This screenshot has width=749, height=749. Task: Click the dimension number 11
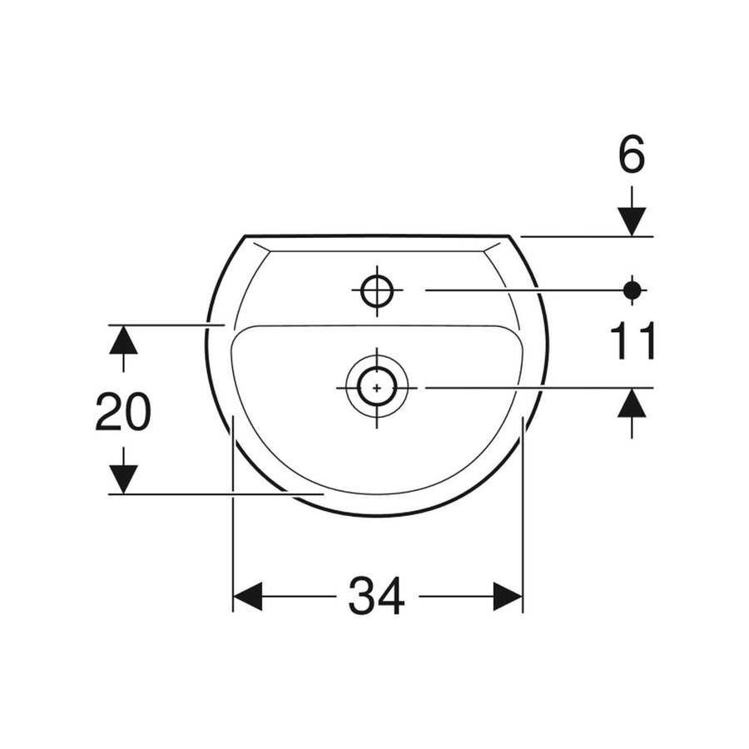coord(633,342)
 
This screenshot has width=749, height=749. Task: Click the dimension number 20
coord(123,412)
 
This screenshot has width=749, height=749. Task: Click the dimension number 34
coord(377,597)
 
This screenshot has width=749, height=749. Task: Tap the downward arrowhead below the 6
coord(632,222)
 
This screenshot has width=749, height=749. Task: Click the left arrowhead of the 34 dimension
coord(247,597)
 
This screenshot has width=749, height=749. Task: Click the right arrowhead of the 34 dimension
coord(508,597)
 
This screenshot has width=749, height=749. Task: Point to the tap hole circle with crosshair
coord(377,290)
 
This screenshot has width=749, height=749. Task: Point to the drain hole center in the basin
coord(377,387)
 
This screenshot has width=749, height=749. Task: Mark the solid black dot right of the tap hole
coord(632,290)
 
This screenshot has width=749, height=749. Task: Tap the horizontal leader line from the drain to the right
coord(533,387)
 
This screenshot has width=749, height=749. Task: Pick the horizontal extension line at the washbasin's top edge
coord(583,236)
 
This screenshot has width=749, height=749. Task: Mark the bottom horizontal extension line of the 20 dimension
coord(208,494)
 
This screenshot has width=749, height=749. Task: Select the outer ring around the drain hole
coord(403,387)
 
